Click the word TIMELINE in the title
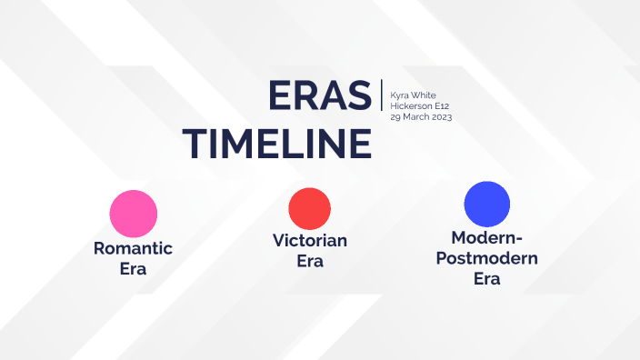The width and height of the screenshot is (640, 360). pyautogui.click(x=277, y=144)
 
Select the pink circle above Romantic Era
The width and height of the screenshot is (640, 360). pyautogui.click(x=134, y=214)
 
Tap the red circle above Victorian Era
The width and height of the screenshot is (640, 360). pyautogui.click(x=310, y=208)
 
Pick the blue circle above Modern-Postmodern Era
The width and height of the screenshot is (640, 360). pyautogui.click(x=487, y=205)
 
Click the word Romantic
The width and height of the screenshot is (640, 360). pyautogui.click(x=133, y=248)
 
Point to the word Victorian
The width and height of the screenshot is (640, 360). pyautogui.click(x=310, y=241)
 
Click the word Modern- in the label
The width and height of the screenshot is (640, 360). pyautogui.click(x=487, y=238)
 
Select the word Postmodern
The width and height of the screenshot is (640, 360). pyautogui.click(x=487, y=258)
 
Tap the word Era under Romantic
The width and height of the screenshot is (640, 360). pyautogui.click(x=133, y=269)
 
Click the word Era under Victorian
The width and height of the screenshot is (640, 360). pyautogui.click(x=310, y=262)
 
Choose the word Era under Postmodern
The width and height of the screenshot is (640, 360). pyautogui.click(x=487, y=279)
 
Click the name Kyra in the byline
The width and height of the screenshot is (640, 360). pyautogui.click(x=400, y=95)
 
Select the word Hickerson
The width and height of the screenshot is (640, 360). pyautogui.click(x=412, y=106)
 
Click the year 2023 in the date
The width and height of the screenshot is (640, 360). pyautogui.click(x=441, y=117)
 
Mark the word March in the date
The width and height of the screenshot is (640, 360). pyautogui.click(x=414, y=117)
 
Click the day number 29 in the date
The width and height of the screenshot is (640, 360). pyautogui.click(x=395, y=117)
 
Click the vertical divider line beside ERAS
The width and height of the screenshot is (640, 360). pyautogui.click(x=382, y=95)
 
